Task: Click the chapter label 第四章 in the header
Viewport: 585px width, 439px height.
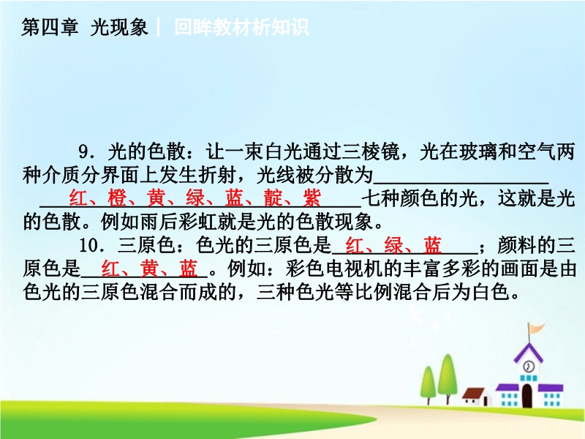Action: [50, 27]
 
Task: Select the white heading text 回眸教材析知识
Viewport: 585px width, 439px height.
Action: [242, 27]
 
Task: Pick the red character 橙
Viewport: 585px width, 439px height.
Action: [117, 198]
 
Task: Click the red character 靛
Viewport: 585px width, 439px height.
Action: [273, 198]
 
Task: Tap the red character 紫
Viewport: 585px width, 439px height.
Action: [312, 198]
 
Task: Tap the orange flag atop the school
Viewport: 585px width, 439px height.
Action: [536, 329]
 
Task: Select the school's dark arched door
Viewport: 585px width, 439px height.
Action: [527, 395]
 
